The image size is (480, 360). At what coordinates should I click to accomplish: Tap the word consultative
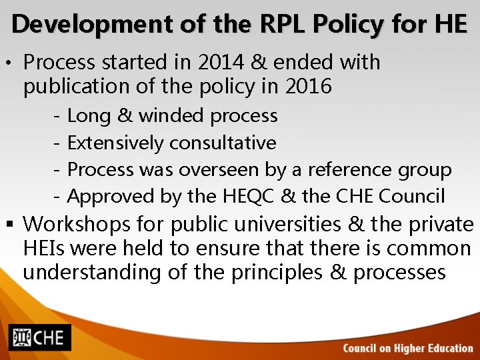(x=223, y=143)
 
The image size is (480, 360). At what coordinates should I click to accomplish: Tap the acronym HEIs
(x=43, y=248)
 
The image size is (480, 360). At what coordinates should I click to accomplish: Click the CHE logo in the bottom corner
(x=39, y=337)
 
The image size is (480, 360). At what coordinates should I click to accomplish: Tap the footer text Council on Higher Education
(x=408, y=348)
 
